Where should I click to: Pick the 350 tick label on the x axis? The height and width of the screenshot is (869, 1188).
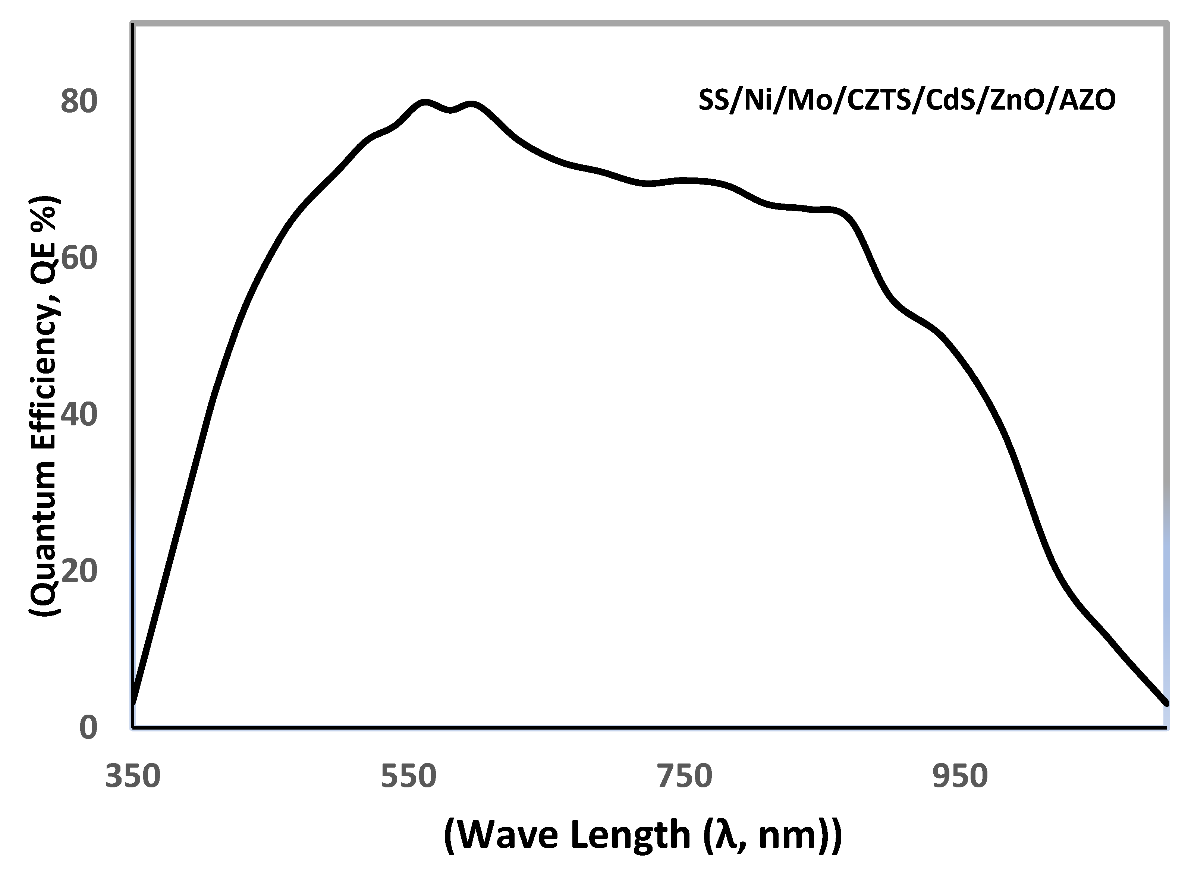(133, 777)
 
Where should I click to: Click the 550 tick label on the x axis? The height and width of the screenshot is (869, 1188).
(409, 777)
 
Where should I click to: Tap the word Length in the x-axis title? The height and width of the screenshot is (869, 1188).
(631, 835)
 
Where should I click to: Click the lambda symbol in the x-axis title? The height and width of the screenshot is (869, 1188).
(725, 835)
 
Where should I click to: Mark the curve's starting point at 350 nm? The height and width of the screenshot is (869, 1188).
(133, 702)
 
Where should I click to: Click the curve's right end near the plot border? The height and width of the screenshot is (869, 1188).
(1166, 703)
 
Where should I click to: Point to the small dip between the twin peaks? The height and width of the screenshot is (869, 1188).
(451, 109)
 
